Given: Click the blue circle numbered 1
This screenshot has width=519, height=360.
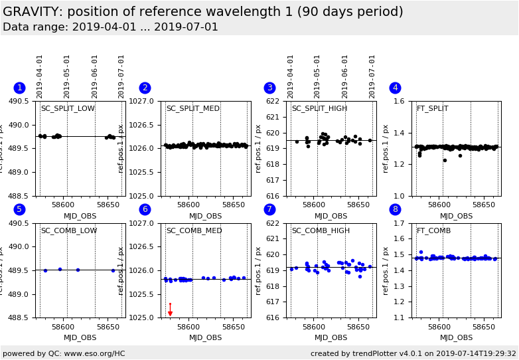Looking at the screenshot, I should click(x=19, y=88).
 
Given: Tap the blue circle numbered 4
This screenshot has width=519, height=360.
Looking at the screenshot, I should click(x=395, y=88).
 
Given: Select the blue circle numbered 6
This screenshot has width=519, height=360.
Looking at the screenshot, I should click(x=145, y=209).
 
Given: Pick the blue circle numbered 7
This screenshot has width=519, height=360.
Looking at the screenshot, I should click(x=269, y=209).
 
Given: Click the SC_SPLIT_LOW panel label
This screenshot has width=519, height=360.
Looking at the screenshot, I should click(x=68, y=109).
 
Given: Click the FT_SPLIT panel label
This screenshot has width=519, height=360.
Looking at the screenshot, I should click(x=432, y=109).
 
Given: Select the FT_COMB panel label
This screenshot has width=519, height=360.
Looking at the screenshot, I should click(x=433, y=231).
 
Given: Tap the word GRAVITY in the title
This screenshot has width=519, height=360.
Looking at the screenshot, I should click(x=31, y=12).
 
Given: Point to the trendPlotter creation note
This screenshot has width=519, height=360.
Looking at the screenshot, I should click(x=413, y=354).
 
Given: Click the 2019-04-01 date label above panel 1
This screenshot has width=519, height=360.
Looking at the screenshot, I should click(x=40, y=76).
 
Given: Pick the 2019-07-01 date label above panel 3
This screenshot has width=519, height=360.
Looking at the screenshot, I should click(x=372, y=76).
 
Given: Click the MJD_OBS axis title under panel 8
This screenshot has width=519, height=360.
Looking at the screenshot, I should click(x=457, y=338).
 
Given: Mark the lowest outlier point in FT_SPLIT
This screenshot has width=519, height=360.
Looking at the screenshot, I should click(x=445, y=160).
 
